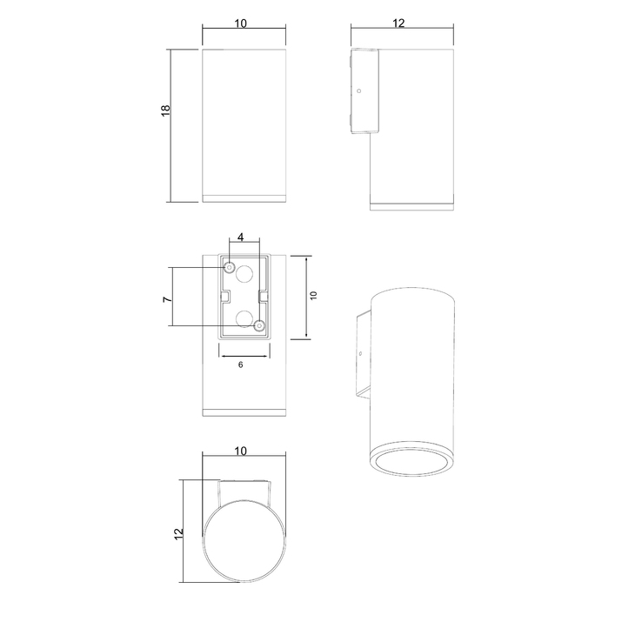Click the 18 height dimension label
point(166,110)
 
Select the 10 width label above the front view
point(240,23)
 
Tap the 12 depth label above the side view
point(398,23)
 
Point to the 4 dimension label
point(240,237)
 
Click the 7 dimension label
point(168,299)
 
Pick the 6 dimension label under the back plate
point(240,365)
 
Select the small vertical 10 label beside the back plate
point(313,296)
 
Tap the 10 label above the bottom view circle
point(240,451)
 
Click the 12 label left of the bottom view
point(179,533)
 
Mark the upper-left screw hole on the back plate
point(230,267)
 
